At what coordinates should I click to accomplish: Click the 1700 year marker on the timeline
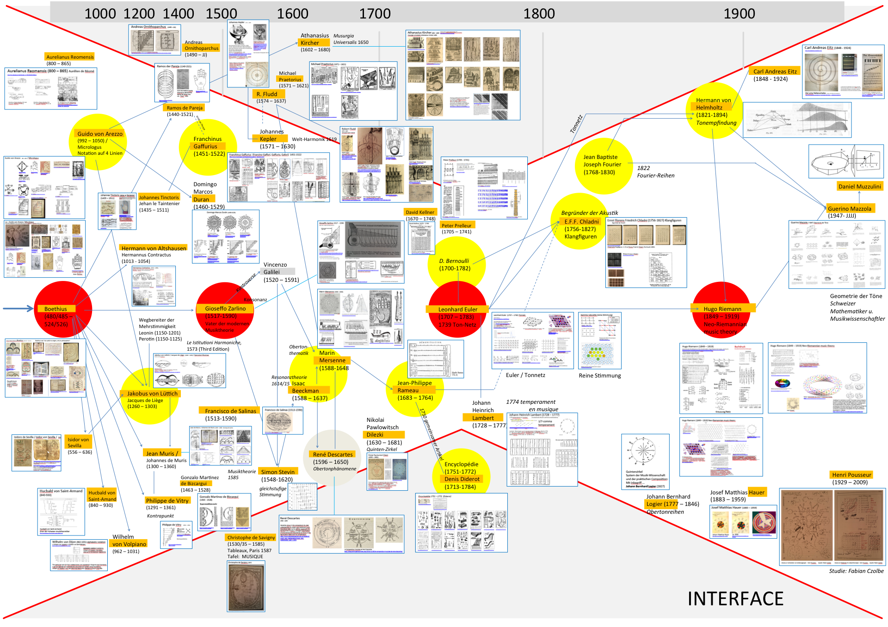click(375, 13)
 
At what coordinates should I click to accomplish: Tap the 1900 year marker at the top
click(739, 13)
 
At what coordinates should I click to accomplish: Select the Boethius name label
click(55, 309)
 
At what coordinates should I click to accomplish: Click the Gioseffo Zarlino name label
click(225, 308)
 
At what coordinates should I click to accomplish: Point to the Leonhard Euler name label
click(457, 309)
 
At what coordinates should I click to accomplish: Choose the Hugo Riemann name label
click(722, 309)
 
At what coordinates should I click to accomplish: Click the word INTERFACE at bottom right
click(735, 598)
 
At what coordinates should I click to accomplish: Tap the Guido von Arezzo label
click(100, 134)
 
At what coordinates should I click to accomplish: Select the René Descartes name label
click(333, 454)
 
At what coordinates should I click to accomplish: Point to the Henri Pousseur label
click(851, 475)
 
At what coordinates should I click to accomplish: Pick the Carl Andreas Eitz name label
click(775, 71)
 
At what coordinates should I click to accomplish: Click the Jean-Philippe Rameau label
click(414, 386)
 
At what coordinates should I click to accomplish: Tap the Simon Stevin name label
click(277, 472)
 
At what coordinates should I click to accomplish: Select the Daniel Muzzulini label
click(859, 186)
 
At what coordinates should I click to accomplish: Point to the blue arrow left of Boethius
click(18, 309)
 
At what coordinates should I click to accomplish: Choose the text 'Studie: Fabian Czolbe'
click(856, 571)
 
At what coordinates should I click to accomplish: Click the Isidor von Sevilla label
click(78, 442)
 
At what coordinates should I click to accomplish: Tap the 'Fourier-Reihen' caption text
click(655, 175)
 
